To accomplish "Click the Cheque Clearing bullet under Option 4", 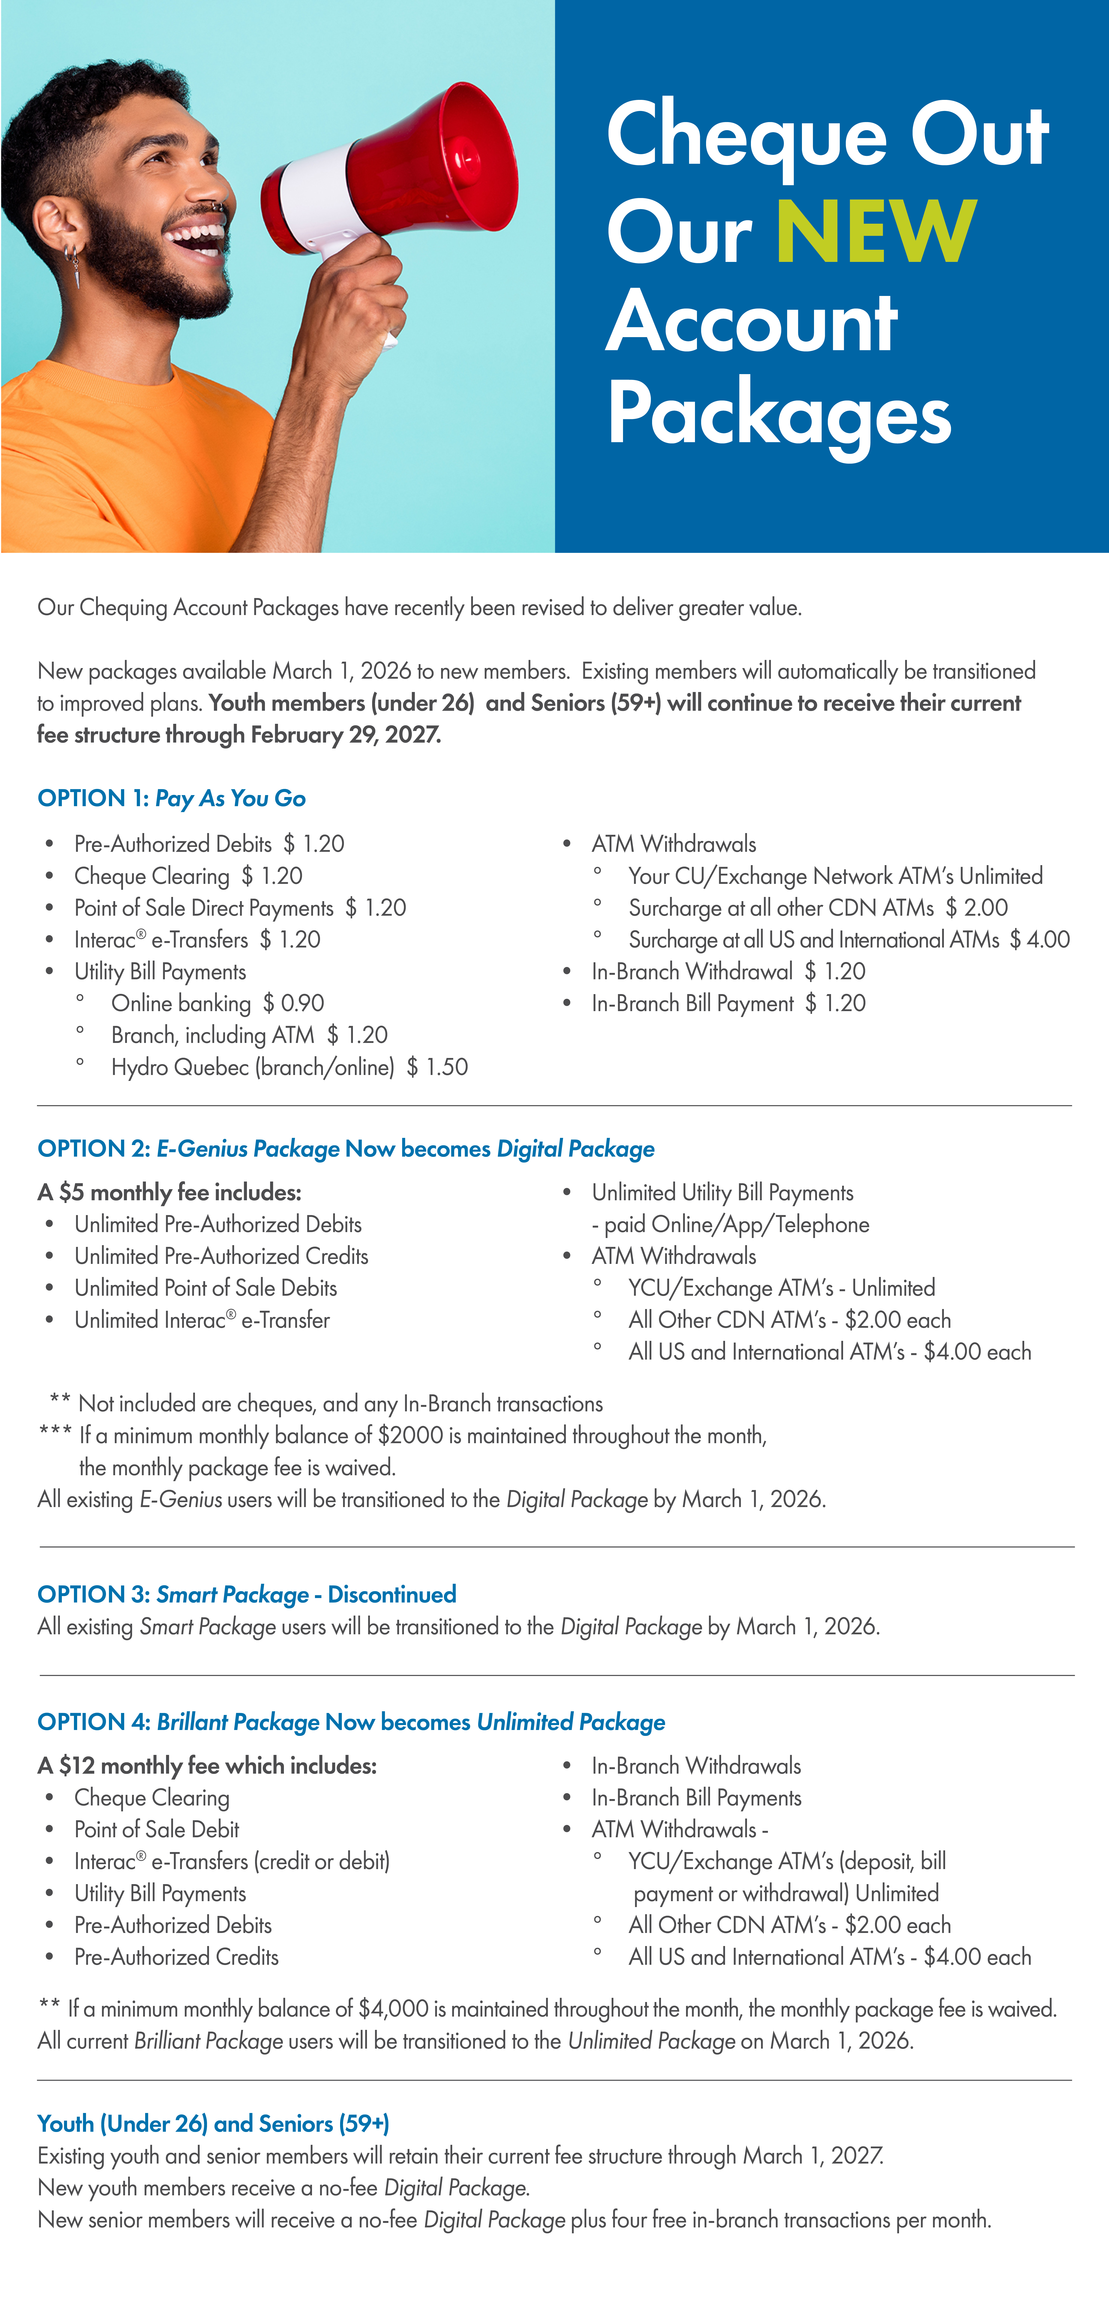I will point(152,1798).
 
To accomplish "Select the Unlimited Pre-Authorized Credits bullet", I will point(221,1256).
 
